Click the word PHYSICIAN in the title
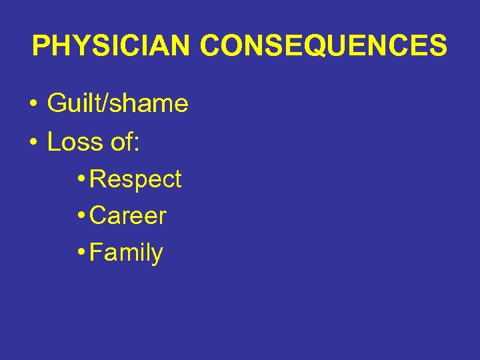coord(111,46)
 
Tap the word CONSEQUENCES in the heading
coord(323,46)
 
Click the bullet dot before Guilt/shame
coord(32,105)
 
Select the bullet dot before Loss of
coord(32,143)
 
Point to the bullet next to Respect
coord(81,179)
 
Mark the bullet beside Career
coord(81,216)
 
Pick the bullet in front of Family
coord(81,253)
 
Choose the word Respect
coord(135,180)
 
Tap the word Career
coord(127,216)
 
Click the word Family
coord(126,253)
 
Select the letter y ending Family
coord(157,256)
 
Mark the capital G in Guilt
coord(56,104)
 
